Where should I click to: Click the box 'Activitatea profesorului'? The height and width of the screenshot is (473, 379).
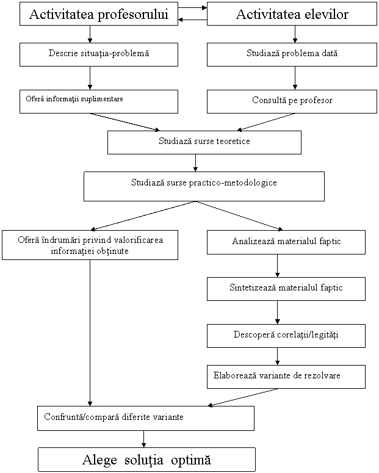point(99,14)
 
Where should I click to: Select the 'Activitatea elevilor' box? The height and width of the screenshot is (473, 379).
point(292,14)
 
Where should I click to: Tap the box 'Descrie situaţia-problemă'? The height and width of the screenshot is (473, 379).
point(99,54)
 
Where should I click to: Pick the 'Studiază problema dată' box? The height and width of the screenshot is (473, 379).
point(292,54)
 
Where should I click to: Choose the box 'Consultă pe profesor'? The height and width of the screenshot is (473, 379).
point(292,101)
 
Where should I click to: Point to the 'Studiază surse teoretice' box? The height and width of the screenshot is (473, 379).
point(204,142)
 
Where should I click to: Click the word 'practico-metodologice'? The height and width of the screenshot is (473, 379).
point(233,183)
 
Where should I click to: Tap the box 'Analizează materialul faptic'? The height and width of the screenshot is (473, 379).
point(286,242)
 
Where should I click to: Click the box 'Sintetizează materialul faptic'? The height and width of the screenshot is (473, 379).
point(286,289)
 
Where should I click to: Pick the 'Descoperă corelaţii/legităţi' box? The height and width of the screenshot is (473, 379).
point(286,336)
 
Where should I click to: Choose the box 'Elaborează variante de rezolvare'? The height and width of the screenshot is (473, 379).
point(286,377)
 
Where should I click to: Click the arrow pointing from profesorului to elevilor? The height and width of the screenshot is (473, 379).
point(192,8)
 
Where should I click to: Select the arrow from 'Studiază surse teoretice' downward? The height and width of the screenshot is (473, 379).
point(195,163)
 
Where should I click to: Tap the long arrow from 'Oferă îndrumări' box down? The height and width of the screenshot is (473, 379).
point(90,333)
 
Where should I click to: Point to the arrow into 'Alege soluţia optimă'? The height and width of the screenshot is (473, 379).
point(143,439)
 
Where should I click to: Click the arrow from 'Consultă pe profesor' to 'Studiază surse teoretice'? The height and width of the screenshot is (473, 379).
point(267,122)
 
